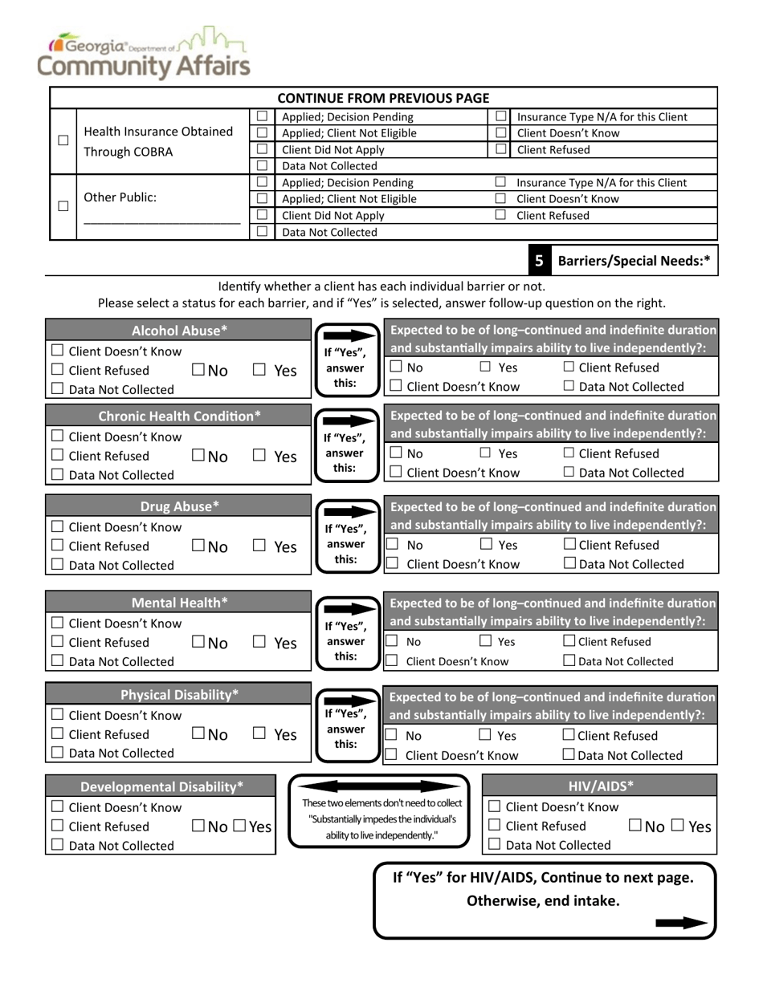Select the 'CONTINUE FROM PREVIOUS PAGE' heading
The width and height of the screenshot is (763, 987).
click(383, 98)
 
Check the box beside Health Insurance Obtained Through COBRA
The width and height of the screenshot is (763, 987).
click(63, 140)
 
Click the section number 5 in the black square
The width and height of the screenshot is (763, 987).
click(539, 261)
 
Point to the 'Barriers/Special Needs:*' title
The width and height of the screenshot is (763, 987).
click(633, 261)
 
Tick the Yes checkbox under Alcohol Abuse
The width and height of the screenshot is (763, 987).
click(259, 370)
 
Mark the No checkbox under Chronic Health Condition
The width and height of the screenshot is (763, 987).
click(198, 456)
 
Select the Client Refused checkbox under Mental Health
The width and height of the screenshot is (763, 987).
click(57, 642)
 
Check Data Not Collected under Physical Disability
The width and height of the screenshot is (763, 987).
click(57, 753)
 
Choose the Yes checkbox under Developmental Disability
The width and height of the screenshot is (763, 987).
click(239, 826)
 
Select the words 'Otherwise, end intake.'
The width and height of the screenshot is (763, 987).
click(543, 900)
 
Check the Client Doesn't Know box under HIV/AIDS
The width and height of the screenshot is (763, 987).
click(495, 806)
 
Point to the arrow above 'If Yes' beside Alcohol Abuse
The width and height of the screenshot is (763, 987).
click(345, 333)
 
